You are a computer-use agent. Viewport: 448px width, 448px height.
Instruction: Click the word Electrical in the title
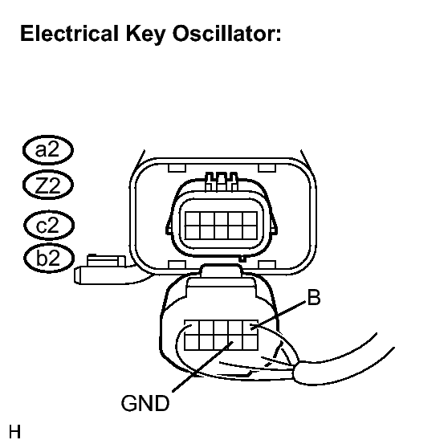tap(69, 33)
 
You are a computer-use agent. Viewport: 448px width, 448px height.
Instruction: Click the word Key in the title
tap(145, 35)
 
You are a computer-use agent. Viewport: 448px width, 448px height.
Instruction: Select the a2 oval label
tap(48, 150)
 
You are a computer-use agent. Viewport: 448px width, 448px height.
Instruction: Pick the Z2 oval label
tap(48, 185)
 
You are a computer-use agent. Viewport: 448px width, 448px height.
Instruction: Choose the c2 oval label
tap(49, 225)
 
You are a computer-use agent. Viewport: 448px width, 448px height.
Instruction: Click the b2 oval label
tap(49, 258)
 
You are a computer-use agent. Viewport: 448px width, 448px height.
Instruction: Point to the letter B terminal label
tap(314, 297)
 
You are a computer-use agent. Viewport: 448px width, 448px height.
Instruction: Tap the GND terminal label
tap(145, 403)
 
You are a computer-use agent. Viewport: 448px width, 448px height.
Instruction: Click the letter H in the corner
tap(15, 431)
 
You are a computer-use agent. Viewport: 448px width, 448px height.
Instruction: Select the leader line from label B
tap(278, 315)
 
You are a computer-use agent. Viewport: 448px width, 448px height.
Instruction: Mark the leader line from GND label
tap(202, 366)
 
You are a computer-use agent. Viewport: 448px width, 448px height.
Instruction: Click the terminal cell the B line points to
tap(250, 328)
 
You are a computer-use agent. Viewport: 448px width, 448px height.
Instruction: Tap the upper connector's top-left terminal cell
tap(192, 219)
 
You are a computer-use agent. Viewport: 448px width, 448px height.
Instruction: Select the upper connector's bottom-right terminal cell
tap(250, 233)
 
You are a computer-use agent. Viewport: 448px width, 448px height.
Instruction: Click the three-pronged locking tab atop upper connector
tap(222, 181)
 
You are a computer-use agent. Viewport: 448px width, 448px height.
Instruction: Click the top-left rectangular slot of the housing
tap(177, 168)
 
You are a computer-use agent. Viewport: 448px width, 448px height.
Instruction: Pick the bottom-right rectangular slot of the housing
tap(267, 265)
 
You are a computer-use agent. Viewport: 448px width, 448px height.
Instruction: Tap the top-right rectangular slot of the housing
tap(267, 168)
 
